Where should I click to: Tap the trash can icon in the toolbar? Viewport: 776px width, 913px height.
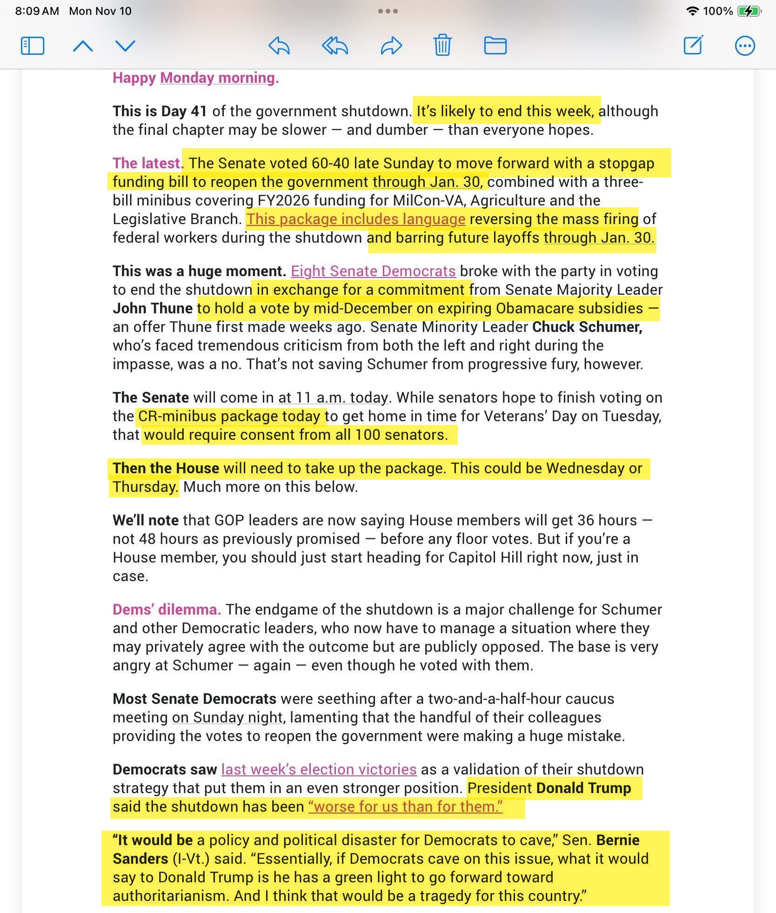tap(442, 46)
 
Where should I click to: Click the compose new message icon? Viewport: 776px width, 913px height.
tap(693, 45)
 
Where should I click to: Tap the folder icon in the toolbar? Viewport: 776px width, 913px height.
tap(495, 46)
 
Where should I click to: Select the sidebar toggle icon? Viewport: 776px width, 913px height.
tap(33, 46)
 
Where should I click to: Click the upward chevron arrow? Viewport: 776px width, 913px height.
tap(83, 46)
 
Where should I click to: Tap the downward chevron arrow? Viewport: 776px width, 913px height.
tap(125, 46)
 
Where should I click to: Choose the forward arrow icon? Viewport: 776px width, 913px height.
tap(391, 46)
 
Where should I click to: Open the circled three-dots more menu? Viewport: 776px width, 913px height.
tap(745, 46)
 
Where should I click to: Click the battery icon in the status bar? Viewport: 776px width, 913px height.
tap(749, 11)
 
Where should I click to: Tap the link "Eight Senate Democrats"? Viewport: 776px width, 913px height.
tap(373, 271)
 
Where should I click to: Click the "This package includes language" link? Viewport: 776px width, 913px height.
tap(356, 219)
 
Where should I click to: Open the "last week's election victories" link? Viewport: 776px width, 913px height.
tap(319, 769)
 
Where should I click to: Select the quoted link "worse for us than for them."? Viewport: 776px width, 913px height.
tap(405, 807)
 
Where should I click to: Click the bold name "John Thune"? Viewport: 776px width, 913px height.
tap(153, 308)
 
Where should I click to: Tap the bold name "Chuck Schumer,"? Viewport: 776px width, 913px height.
tap(587, 327)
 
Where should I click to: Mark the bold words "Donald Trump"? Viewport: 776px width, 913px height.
tap(583, 788)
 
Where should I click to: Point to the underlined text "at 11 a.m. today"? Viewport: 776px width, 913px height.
tap(333, 397)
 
